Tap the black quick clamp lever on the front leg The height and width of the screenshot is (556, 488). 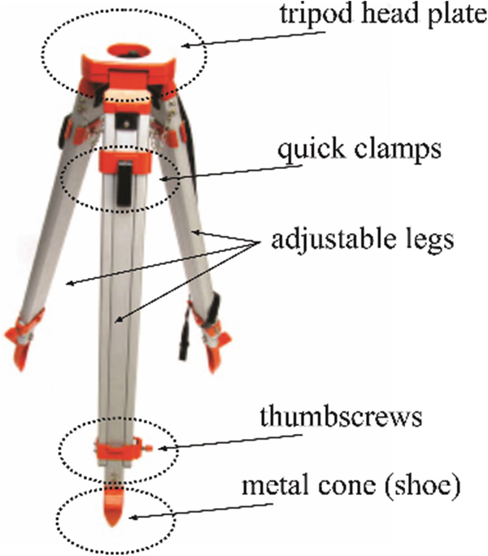123,180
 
